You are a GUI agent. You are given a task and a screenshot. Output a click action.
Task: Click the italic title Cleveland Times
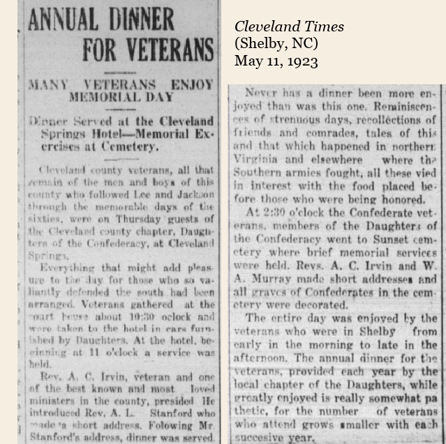[289, 27]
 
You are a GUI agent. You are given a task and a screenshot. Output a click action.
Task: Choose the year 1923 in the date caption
[302, 61]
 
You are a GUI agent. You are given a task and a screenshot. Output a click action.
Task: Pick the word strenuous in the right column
[287, 121]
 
